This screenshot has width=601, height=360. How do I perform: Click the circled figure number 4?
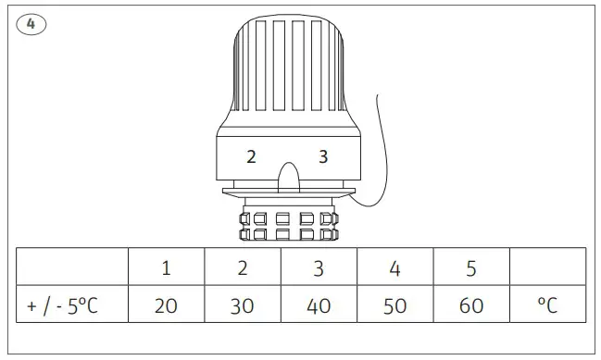click(x=31, y=24)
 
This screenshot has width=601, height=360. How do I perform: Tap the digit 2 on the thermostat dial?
click(x=251, y=156)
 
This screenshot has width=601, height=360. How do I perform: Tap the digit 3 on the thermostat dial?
click(x=323, y=156)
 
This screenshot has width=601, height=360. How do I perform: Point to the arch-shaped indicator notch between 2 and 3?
click(x=288, y=176)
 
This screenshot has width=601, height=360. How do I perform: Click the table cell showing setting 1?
click(x=166, y=268)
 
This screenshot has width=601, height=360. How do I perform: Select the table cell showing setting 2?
click(x=243, y=268)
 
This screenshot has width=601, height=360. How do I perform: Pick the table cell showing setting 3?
click(x=319, y=268)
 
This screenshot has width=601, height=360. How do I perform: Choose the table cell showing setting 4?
click(x=395, y=268)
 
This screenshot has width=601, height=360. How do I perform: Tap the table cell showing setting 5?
click(x=471, y=268)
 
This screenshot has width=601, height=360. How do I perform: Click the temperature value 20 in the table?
click(x=166, y=305)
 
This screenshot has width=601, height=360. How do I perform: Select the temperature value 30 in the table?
click(x=243, y=305)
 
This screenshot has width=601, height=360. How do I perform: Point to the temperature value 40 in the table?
click(x=319, y=305)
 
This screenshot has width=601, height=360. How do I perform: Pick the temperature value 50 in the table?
click(x=395, y=305)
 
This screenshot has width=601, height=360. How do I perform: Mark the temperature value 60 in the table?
click(x=471, y=305)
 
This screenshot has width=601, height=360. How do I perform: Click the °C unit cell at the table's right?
click(x=547, y=305)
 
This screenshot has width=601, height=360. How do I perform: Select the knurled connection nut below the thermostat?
click(x=288, y=226)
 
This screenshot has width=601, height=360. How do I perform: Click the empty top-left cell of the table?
click(x=71, y=268)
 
